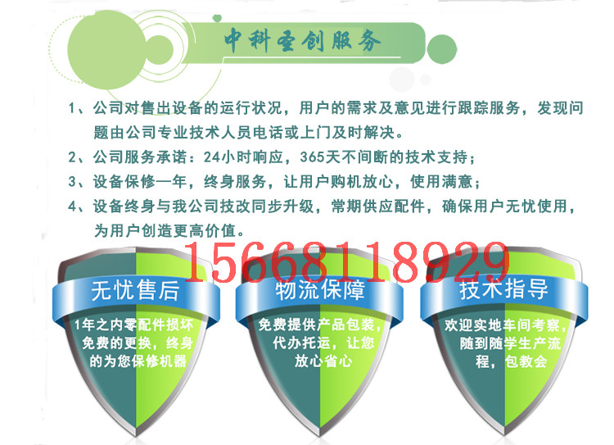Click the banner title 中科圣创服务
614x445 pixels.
click(x=302, y=40)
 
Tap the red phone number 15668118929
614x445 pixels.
click(x=346, y=261)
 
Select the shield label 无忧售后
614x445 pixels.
click(x=135, y=290)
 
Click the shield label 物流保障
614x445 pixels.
click(x=320, y=290)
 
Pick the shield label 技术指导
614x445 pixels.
click(x=503, y=288)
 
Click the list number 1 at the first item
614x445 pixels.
click(x=72, y=108)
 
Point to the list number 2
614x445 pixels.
click(x=72, y=157)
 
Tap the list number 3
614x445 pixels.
click(x=72, y=182)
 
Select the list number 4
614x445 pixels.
click(x=72, y=207)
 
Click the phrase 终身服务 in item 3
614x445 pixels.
click(x=235, y=182)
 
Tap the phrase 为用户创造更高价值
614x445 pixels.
click(x=165, y=230)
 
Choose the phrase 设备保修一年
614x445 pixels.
click(x=140, y=182)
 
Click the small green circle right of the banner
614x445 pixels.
click(x=442, y=49)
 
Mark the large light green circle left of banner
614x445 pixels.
click(x=106, y=50)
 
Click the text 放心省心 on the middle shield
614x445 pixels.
click(x=323, y=361)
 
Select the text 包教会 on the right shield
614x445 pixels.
click(x=526, y=361)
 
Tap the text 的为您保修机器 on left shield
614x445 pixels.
click(x=138, y=361)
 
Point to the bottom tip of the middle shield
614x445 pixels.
click(x=319, y=436)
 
